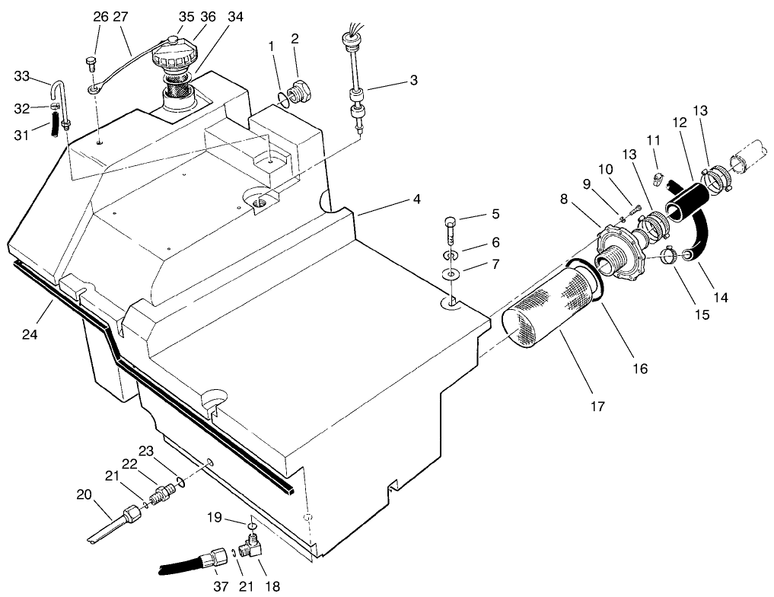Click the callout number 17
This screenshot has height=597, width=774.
click(x=597, y=406)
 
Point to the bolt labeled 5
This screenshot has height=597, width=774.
click(x=451, y=227)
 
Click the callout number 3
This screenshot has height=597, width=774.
click(x=413, y=80)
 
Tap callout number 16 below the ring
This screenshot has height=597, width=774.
click(x=640, y=369)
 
